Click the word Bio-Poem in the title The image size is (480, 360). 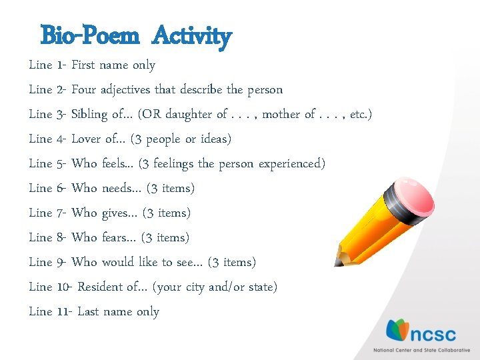point(89,35)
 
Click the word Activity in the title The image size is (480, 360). point(191,36)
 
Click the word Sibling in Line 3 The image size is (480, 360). point(89,114)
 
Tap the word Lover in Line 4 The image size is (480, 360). point(87,139)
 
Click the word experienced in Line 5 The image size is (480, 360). point(289,163)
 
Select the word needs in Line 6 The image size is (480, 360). point(117,188)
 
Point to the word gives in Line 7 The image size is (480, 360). point(117,213)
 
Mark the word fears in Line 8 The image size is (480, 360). point(116,237)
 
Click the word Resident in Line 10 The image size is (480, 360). point(100,287)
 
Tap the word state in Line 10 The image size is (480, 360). point(261,287)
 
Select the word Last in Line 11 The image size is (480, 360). point(88,311)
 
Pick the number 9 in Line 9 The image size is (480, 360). point(61,262)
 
